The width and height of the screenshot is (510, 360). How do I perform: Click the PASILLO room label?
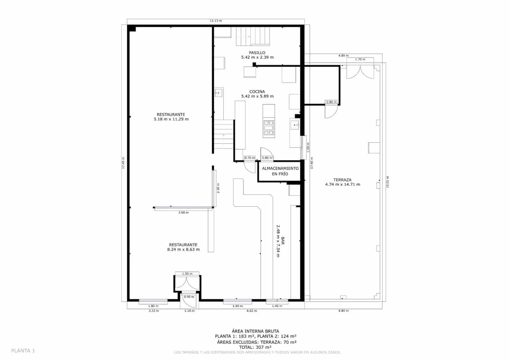pos(257,53)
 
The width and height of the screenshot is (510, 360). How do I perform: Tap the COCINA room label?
pos(257,92)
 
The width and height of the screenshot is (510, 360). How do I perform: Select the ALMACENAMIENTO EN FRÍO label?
pos(280,171)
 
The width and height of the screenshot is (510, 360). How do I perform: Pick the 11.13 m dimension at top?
pos(216,21)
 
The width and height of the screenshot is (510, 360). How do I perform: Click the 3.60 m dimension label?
pos(183,212)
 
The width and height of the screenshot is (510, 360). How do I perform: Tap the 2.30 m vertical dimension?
pos(218,188)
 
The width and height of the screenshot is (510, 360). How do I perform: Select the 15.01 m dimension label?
pos(388,182)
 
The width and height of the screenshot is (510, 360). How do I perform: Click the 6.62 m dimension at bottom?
pos(251,311)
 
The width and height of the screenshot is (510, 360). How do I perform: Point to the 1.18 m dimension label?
pos(189,311)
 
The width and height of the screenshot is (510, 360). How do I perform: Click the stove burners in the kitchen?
pos(269,128)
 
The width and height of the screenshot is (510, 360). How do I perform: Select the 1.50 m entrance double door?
pos(187,282)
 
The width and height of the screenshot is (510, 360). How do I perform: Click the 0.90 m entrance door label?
pos(189,297)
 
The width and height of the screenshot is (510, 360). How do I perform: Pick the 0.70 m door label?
pos(250,158)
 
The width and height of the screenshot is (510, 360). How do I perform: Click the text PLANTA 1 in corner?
pos(23,351)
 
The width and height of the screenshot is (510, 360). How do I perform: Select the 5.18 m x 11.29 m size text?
pos(171,119)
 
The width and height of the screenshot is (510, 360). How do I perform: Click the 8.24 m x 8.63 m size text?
pos(183,249)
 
